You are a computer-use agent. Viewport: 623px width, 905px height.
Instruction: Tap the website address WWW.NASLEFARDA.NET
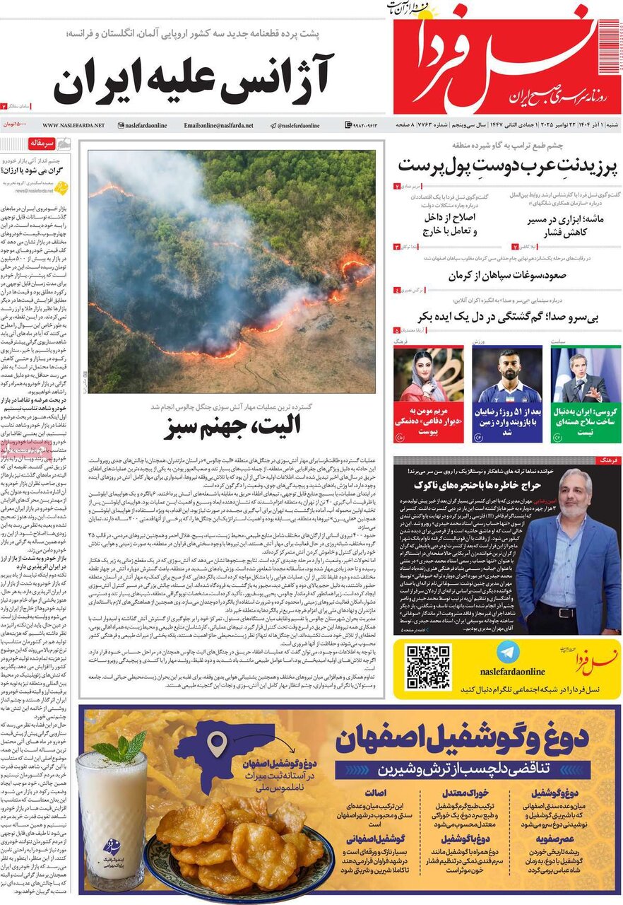pyautogui.click(x=73, y=125)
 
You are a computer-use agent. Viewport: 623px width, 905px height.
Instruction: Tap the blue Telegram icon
pyautogui.click(x=504, y=652)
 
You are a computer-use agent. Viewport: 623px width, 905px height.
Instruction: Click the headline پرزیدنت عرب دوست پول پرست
pyautogui.click(x=507, y=166)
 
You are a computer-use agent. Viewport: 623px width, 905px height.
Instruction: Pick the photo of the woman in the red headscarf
pyautogui.click(x=428, y=375)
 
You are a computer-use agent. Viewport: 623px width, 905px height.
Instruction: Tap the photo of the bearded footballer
pyautogui.click(x=506, y=375)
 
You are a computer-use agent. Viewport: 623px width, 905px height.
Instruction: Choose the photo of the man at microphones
pyautogui.click(x=586, y=375)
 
